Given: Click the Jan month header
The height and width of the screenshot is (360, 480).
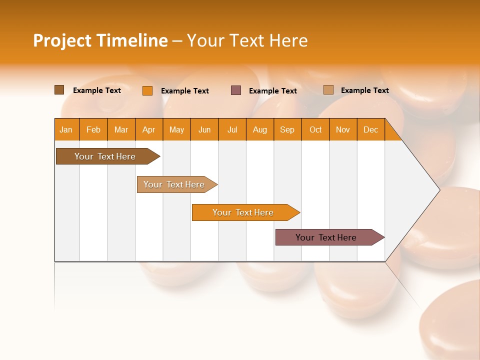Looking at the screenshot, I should pyautogui.click(x=66, y=129).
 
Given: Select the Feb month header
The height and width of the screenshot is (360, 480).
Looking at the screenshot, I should pyautogui.click(x=93, y=129).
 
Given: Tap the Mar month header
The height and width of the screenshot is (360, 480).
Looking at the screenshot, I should pyautogui.click(x=121, y=129).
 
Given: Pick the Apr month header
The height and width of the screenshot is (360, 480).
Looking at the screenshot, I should pyautogui.click(x=149, y=129).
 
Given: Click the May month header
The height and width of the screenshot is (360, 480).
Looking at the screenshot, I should pyautogui.click(x=176, y=129).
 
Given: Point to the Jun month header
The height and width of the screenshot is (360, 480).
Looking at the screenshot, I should pyautogui.click(x=204, y=129).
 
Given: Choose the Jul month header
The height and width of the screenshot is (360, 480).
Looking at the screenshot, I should pyautogui.click(x=232, y=129).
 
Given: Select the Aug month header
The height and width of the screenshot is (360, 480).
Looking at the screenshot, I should pyautogui.click(x=260, y=129).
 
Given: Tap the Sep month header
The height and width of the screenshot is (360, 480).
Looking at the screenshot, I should pyautogui.click(x=287, y=129).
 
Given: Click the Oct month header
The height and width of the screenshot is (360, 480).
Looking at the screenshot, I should pyautogui.click(x=315, y=129).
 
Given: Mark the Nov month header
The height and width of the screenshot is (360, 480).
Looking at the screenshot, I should pyautogui.click(x=343, y=129).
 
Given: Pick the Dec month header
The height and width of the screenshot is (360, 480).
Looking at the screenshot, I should pyautogui.click(x=371, y=129).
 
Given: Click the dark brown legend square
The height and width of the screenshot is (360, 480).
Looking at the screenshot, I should pyautogui.click(x=59, y=90).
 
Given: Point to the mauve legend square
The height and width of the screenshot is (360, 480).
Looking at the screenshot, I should pyautogui.click(x=236, y=90).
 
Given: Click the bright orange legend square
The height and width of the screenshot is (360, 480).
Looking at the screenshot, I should pyautogui.click(x=147, y=90).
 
